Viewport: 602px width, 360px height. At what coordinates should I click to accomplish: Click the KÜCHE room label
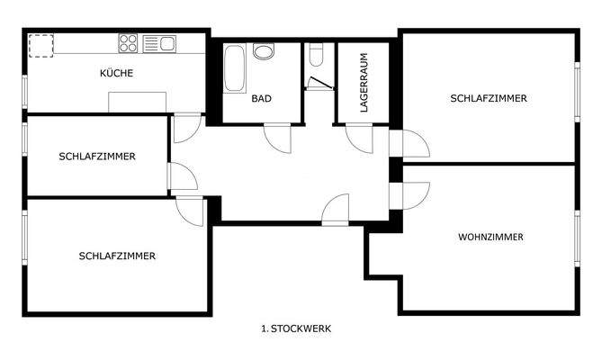tap(117, 74)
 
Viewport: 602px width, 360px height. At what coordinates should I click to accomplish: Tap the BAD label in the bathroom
tap(262, 98)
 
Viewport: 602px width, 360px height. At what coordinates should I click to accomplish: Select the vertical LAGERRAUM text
tap(364, 82)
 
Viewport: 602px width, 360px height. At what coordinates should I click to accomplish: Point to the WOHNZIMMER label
tap(490, 238)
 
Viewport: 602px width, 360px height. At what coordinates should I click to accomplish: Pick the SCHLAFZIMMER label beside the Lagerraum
tap(489, 98)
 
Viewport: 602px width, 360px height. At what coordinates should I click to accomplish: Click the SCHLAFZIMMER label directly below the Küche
tap(97, 156)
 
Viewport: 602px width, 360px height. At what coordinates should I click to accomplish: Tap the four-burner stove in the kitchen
tap(126, 42)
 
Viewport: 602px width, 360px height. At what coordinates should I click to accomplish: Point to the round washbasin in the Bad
tap(264, 52)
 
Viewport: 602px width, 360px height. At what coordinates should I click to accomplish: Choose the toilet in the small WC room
tap(315, 55)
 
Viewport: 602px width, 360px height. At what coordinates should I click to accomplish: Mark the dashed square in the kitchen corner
tap(41, 45)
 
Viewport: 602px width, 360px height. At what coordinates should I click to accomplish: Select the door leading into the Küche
tap(184, 129)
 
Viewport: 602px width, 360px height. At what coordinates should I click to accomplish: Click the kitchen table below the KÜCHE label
tap(139, 101)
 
